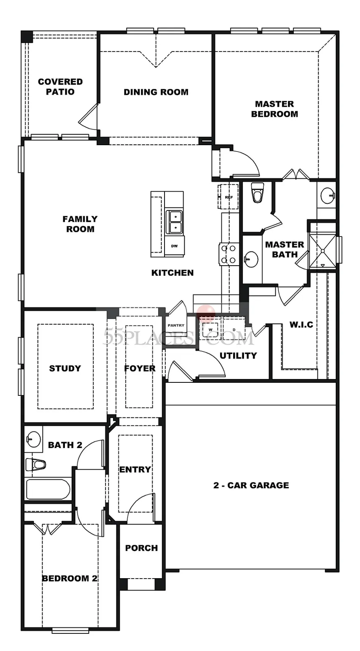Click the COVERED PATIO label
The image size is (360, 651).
(60, 87)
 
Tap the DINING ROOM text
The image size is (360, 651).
(156, 92)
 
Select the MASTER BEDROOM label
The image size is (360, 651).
(275, 109)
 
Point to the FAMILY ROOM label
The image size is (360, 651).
(80, 224)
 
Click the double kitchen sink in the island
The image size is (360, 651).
(174, 222)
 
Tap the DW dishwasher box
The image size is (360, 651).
(174, 246)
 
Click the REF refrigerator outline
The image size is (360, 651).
(228, 197)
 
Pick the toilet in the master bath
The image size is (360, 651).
(257, 192)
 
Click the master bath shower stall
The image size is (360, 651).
(322, 250)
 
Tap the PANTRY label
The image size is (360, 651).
(176, 325)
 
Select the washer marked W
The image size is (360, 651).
(210, 329)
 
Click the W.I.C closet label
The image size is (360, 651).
(301, 325)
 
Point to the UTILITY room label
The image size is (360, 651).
(238, 356)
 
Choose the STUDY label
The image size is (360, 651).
(65, 369)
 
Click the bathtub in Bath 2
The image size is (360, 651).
(48, 490)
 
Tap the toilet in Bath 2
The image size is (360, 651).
(36, 464)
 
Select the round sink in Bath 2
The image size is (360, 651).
(33, 439)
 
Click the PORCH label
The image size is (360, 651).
(141, 548)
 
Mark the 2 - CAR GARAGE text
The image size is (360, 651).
(251, 485)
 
